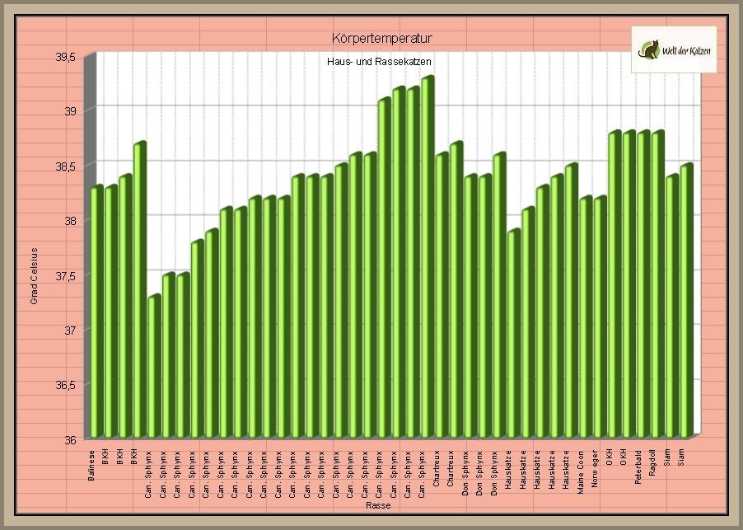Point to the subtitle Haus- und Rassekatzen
tap(380, 62)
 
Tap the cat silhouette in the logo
tap(651, 49)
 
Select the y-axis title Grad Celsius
tap(35, 275)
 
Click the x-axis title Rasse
tap(378, 506)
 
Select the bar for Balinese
tap(96, 313)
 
